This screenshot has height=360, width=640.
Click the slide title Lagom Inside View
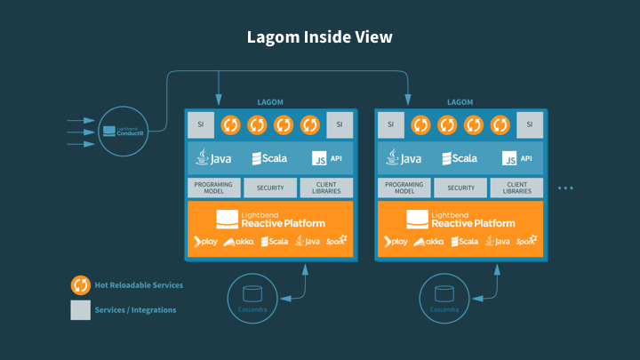click(319, 37)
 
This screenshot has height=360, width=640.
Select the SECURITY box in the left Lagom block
click(270, 188)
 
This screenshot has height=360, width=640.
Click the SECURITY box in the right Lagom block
click(460, 188)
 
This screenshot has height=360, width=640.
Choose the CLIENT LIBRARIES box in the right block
click(516, 188)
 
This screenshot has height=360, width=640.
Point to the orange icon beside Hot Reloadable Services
click(80, 285)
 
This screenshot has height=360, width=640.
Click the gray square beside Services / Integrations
click(80, 310)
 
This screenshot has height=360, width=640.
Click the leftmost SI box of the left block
click(200, 125)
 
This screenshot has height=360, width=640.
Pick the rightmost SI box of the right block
click(530, 125)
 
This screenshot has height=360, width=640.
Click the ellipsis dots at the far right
click(565, 188)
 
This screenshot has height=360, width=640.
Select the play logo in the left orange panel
click(206, 242)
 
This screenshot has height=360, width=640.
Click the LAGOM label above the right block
click(460, 103)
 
